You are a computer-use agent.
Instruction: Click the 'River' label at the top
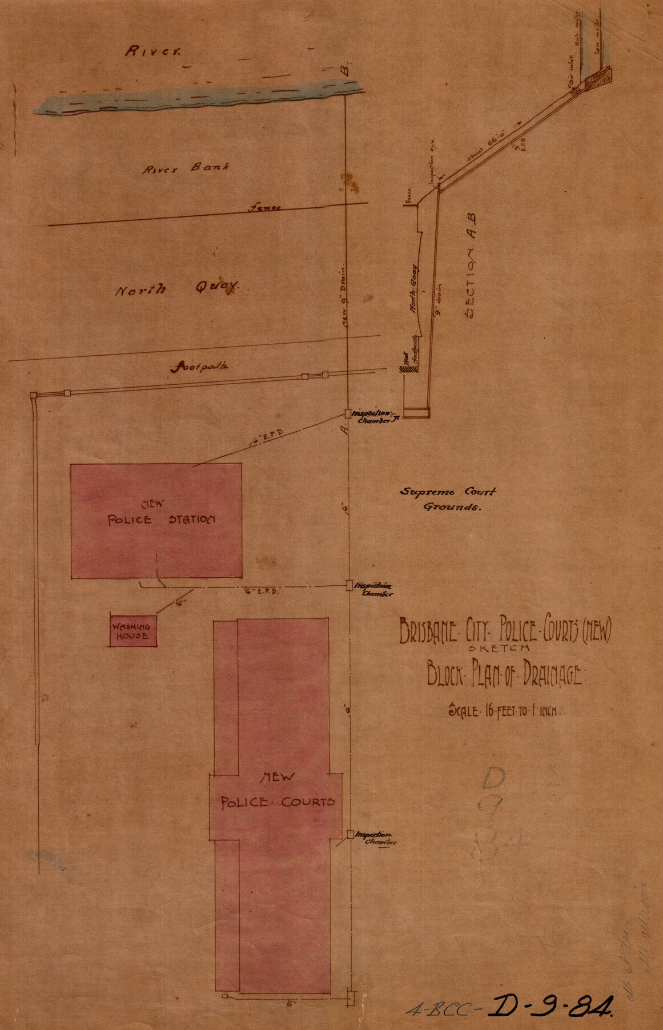[152, 51]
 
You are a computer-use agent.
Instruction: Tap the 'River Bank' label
[186, 168]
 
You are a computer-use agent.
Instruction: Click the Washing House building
[133, 631]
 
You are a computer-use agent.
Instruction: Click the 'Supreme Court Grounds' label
[448, 498]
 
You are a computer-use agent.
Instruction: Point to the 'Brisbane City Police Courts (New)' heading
[505, 631]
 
